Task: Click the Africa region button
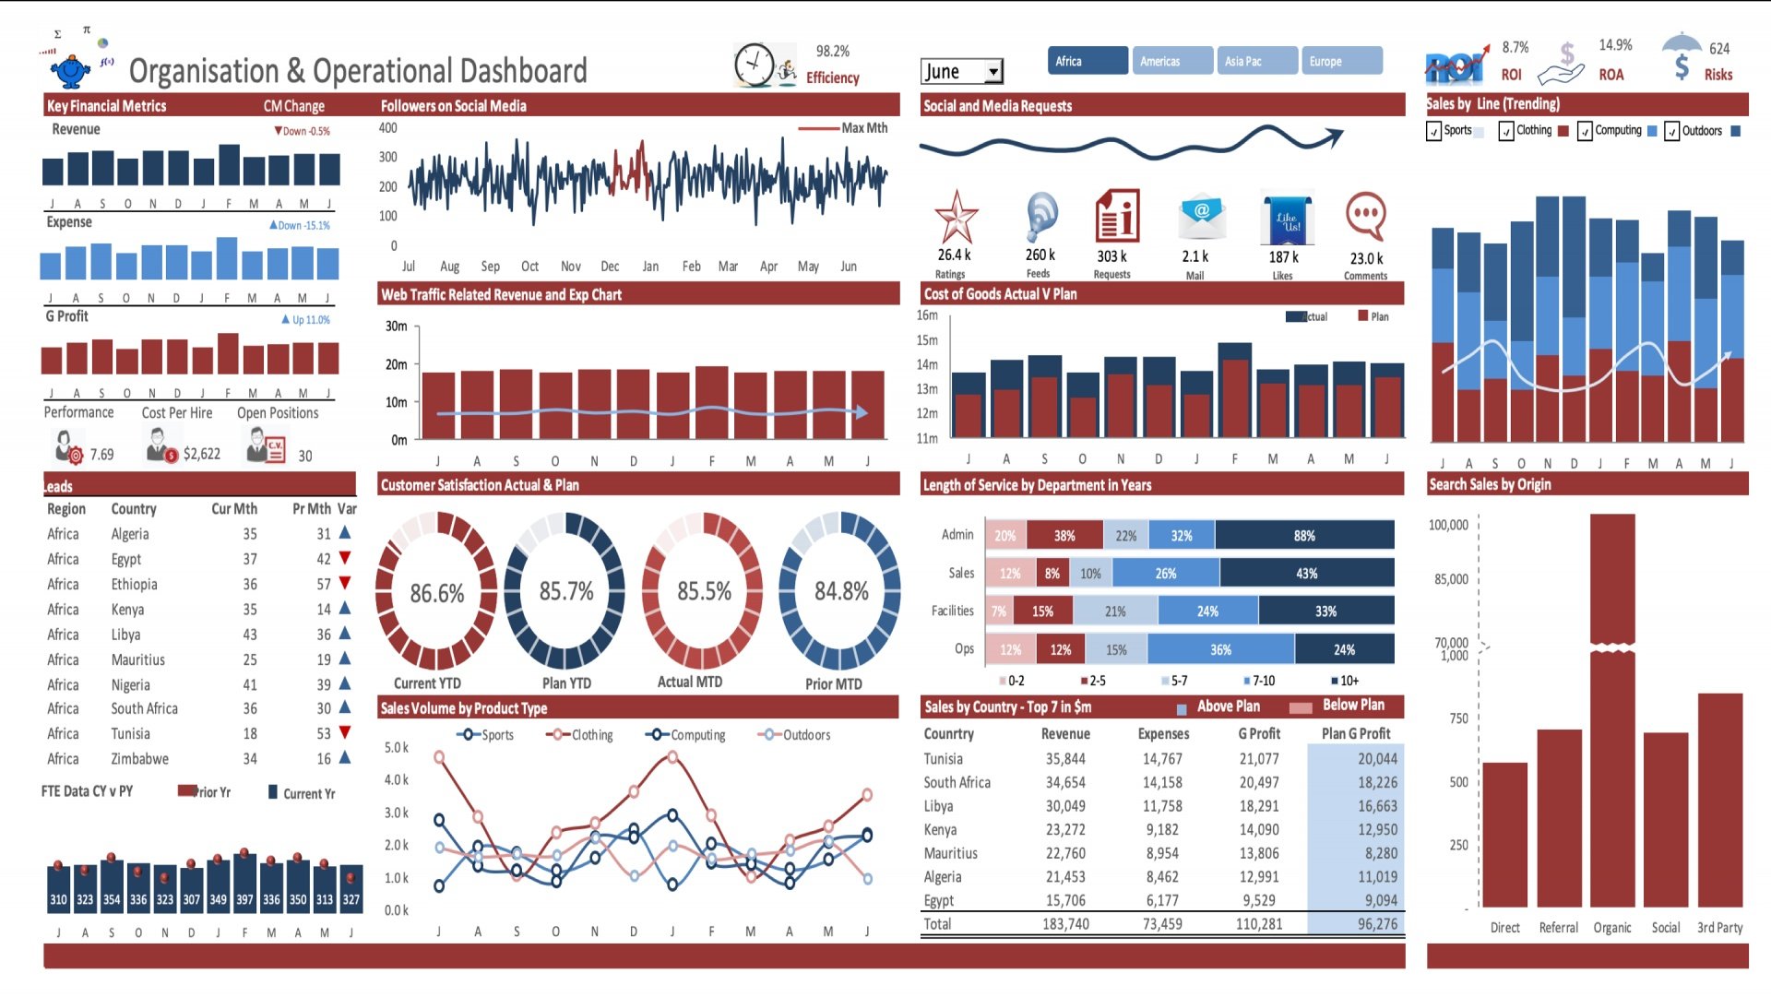point(1087,61)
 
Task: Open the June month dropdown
point(993,72)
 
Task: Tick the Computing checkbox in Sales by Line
point(1585,132)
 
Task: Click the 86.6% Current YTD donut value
point(436,593)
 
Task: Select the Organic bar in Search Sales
point(1612,710)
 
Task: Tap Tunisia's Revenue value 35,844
point(1065,759)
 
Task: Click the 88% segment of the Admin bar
point(1303,536)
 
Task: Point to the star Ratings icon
point(956,218)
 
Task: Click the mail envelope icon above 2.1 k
point(1201,216)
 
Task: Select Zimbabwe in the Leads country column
point(139,759)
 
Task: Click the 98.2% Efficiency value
point(832,52)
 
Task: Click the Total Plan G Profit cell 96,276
point(1376,924)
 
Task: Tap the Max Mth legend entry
point(863,128)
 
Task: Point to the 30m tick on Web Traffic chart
point(397,326)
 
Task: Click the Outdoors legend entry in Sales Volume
point(805,735)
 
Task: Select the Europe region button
point(1341,61)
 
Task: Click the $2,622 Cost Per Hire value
point(201,454)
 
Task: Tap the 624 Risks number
point(1719,49)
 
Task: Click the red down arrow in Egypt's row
point(345,558)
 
